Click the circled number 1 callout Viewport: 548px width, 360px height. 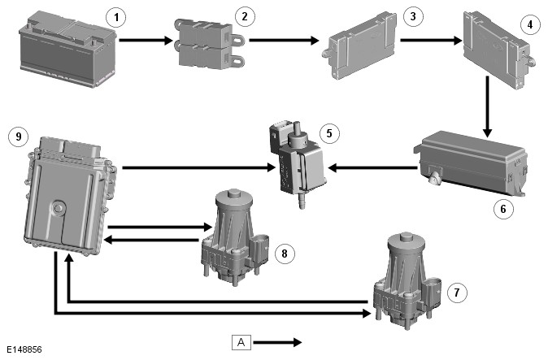[120, 17]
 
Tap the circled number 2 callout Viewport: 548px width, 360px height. [241, 15]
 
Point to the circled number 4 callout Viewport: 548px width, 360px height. [530, 24]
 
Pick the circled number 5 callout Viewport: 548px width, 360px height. [328, 132]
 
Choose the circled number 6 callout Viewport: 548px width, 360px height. [502, 209]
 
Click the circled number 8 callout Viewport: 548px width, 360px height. [284, 254]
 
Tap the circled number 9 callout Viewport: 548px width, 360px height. [17, 137]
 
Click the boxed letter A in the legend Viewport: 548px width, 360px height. [241, 342]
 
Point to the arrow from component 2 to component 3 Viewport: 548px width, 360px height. [284, 38]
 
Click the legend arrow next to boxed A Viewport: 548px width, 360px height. [281, 342]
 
